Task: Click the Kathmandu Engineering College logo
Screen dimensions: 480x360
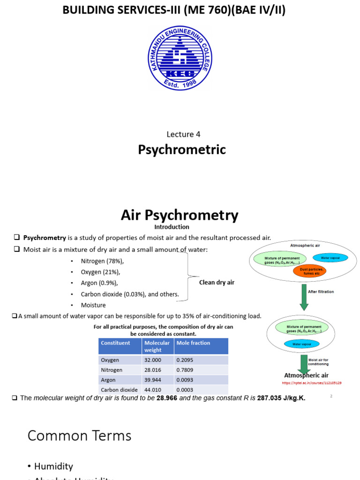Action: (180, 58)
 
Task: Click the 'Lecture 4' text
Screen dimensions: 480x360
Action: (183, 134)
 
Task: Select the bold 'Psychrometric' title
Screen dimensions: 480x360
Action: (182, 150)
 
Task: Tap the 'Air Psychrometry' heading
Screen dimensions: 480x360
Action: (180, 215)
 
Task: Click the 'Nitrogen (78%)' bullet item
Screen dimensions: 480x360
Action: (103, 261)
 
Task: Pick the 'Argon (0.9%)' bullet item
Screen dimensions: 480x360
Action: (99, 283)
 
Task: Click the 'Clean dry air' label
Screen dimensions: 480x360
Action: (217, 283)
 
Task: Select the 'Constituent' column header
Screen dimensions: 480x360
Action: (116, 343)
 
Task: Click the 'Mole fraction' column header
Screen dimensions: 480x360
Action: (193, 343)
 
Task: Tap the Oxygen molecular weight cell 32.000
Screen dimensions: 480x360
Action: (153, 360)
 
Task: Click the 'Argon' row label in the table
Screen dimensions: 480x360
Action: (108, 380)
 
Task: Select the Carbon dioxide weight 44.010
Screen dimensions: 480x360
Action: (153, 390)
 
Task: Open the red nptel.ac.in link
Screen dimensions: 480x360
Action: (312, 383)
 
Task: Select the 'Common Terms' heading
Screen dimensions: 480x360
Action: (79, 436)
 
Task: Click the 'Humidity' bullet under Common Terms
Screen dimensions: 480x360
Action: (53, 466)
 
